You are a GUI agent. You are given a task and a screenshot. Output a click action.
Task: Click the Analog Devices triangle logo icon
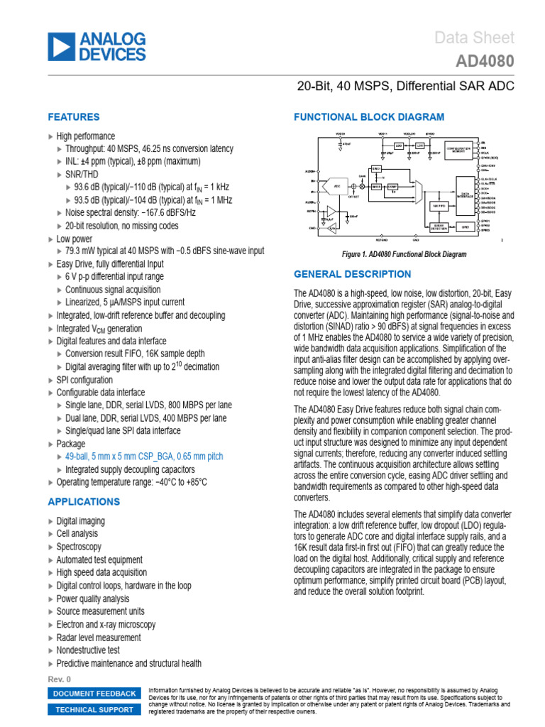click(60, 46)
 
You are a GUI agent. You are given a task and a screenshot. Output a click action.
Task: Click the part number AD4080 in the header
click(486, 62)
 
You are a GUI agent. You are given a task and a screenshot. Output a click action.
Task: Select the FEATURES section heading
click(73, 117)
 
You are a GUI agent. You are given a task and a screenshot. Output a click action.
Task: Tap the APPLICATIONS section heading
click(84, 502)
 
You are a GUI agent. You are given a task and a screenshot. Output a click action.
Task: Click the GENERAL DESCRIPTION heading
click(352, 274)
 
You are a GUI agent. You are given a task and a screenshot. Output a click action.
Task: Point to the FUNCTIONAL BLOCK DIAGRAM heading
click(369, 117)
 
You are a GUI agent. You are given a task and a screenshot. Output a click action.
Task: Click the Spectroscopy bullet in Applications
click(79, 547)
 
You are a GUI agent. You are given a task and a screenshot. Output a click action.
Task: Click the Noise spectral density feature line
click(131, 212)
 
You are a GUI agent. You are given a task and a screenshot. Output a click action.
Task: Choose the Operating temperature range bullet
click(131, 483)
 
